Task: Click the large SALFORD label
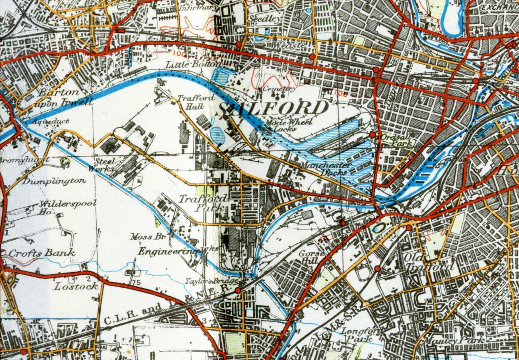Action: pos(273,108)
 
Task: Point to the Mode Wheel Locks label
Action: pos(281,125)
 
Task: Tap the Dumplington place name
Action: pos(54,181)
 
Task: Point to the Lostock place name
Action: pos(76,286)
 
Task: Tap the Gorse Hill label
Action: pos(310,257)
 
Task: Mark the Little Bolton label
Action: pos(194,64)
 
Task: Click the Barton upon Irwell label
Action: pos(62,97)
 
